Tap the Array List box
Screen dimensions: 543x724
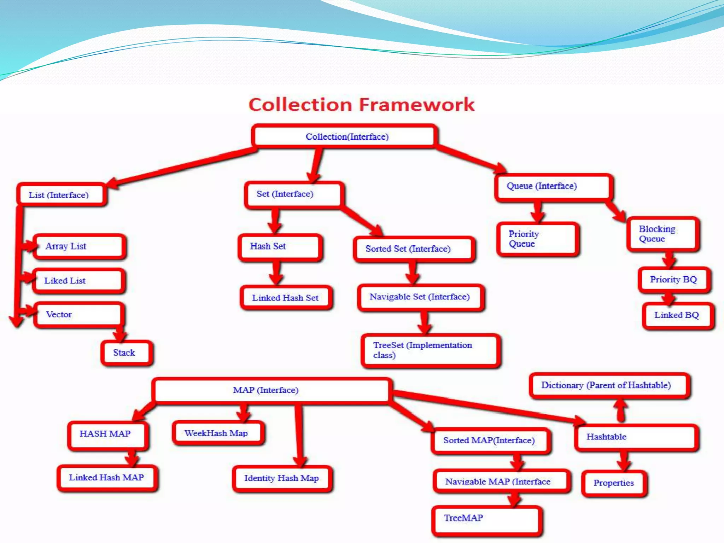[x=80, y=246]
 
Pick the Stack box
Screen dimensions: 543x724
[x=127, y=353]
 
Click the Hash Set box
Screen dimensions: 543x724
[x=280, y=246]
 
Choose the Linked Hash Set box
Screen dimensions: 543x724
[x=286, y=298]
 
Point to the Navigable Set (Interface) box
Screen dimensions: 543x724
[x=420, y=297]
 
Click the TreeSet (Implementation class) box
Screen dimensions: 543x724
[x=431, y=350]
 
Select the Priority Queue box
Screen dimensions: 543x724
[x=537, y=239]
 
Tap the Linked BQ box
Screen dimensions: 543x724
[x=677, y=315]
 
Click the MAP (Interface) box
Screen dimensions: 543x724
[x=271, y=390]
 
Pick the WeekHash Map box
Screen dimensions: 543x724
[x=218, y=433]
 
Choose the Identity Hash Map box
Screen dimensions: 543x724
[x=282, y=478]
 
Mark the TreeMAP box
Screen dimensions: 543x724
[x=487, y=519]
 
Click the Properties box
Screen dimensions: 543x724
[x=614, y=483]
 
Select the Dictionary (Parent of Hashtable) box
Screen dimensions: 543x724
[x=609, y=385]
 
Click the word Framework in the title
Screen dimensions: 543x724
[x=417, y=105]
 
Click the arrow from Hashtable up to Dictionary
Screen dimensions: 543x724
[x=620, y=411]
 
